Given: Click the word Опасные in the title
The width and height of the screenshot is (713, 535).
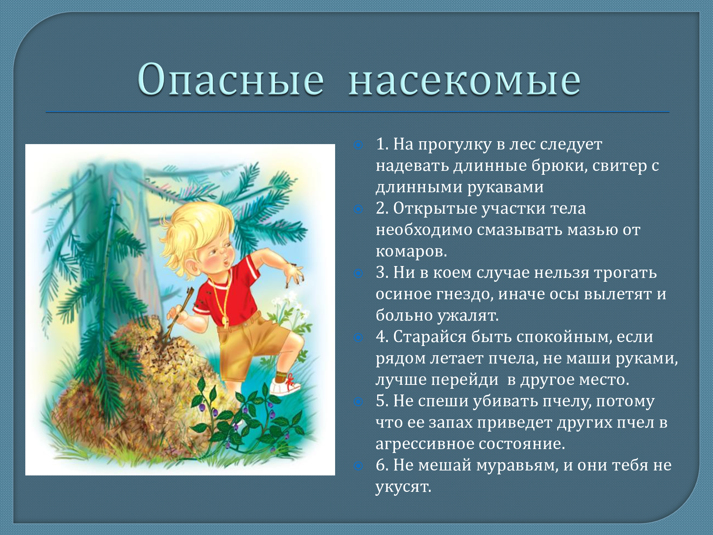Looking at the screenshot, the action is pyautogui.click(x=231, y=80).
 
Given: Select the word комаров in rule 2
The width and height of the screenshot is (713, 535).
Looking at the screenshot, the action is pyautogui.click(x=411, y=251).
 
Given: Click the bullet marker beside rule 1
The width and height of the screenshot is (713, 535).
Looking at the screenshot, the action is pyautogui.click(x=358, y=145).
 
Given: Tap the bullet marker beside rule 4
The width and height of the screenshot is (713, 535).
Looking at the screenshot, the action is pyautogui.click(x=358, y=337).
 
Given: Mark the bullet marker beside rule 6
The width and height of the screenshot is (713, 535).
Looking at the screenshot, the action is pyautogui.click(x=358, y=466).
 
